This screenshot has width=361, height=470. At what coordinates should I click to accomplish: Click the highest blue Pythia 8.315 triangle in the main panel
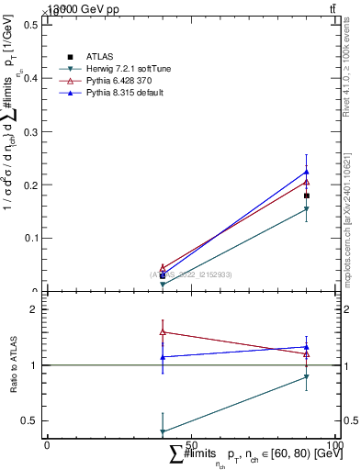point(307,172)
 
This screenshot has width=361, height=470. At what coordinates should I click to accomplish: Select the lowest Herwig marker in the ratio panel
point(163,431)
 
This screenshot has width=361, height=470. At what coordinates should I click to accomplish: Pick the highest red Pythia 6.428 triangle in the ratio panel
point(163,331)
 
